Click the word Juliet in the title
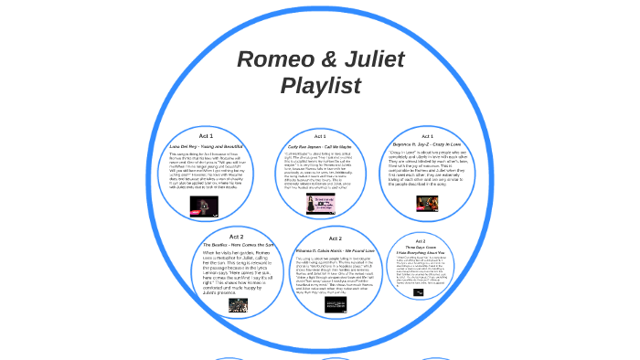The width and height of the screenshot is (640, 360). pyautogui.click(x=374, y=59)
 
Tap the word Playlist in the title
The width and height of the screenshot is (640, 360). pyautogui.click(x=320, y=86)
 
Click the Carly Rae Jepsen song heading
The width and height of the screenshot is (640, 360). pyautogui.click(x=320, y=145)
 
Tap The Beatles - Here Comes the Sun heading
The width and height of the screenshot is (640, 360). pyautogui.click(x=237, y=245)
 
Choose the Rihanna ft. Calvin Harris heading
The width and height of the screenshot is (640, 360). pyautogui.click(x=336, y=249)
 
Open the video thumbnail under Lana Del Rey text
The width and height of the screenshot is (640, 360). pyautogui.click(x=203, y=206)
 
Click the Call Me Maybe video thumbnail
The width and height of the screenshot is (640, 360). pyautogui.click(x=320, y=203)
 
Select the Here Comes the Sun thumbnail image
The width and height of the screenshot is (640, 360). pyautogui.click(x=238, y=305)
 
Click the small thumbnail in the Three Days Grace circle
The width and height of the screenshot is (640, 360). pyautogui.click(x=419, y=292)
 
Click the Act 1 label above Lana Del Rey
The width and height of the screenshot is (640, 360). pyautogui.click(x=206, y=135)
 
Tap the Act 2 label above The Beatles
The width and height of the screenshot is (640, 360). pyautogui.click(x=237, y=236)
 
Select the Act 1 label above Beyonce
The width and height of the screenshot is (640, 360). pyautogui.click(x=428, y=136)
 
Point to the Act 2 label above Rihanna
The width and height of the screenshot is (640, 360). pyautogui.click(x=336, y=238)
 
